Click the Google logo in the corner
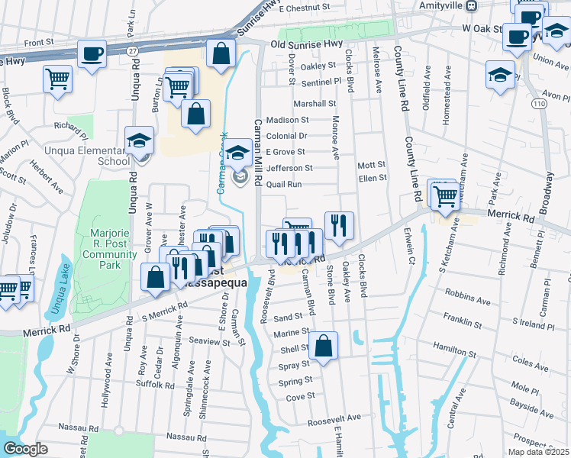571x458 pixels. pyautogui.click(x=24, y=449)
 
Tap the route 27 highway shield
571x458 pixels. pyautogui.click(x=132, y=50)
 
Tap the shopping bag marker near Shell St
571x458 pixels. pyautogui.click(x=324, y=346)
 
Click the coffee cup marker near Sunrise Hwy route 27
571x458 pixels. pyautogui.click(x=92, y=55)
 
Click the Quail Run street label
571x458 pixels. pyautogui.click(x=284, y=184)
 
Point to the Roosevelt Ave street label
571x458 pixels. pyautogui.click(x=334, y=419)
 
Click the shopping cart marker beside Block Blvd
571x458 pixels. pyautogui.click(x=58, y=79)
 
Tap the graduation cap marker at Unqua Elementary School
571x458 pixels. pyautogui.click(x=140, y=141)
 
